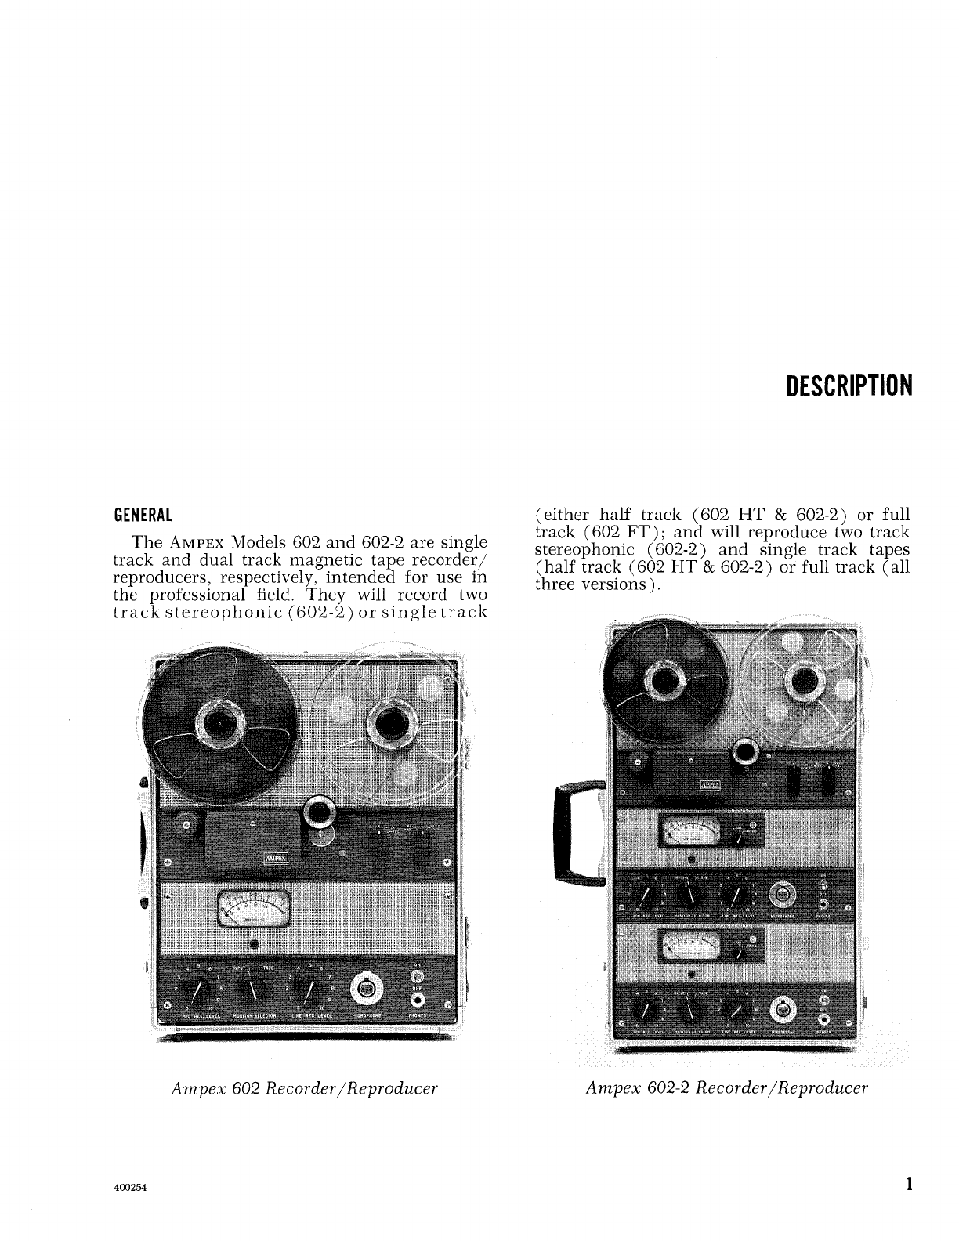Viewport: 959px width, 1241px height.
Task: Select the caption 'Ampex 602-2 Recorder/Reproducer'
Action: [x=726, y=1088]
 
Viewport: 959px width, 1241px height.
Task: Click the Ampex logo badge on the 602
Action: [x=275, y=857]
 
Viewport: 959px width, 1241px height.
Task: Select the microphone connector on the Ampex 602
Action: [x=365, y=988]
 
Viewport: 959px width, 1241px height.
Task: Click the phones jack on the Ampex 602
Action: [x=417, y=1000]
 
